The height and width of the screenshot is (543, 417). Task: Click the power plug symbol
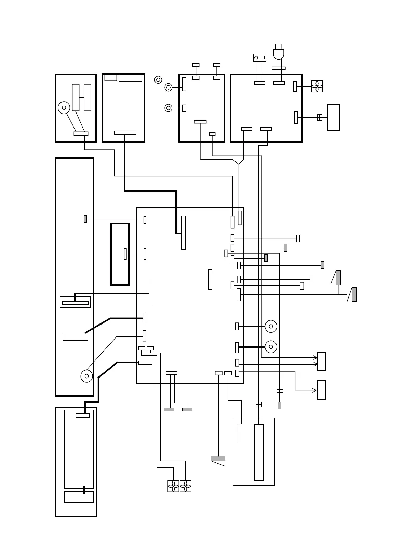pos(279,54)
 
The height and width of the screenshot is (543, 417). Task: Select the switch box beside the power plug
pos(259,57)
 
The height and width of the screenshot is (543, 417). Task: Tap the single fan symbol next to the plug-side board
pos(317,86)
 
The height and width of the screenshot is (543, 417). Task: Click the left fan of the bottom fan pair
pos(173,486)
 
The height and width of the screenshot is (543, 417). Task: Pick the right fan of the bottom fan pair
pos(186,486)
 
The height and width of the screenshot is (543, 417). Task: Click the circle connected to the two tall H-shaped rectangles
pos(64,108)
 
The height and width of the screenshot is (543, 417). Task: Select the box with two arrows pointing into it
pos(321,361)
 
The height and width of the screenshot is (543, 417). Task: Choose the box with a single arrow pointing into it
pos(321,390)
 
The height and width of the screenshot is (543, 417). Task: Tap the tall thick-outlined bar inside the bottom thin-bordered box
pos(258,453)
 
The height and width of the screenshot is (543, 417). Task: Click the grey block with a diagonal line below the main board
pos(218,459)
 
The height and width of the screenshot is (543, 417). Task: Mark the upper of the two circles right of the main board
pos(271,326)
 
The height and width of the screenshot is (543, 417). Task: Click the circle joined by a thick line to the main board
pos(271,347)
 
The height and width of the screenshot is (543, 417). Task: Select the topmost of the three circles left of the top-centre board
pos(158,80)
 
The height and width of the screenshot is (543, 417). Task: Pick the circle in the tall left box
pos(86,376)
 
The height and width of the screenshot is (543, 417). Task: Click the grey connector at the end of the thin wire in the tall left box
pos(85,219)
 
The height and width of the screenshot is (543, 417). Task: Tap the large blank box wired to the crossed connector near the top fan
pos(334,117)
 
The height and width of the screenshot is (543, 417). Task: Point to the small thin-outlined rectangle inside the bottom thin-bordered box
pos(241,433)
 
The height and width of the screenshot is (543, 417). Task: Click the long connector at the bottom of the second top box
pos(125,133)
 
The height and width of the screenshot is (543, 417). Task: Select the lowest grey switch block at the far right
pos(354,294)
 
